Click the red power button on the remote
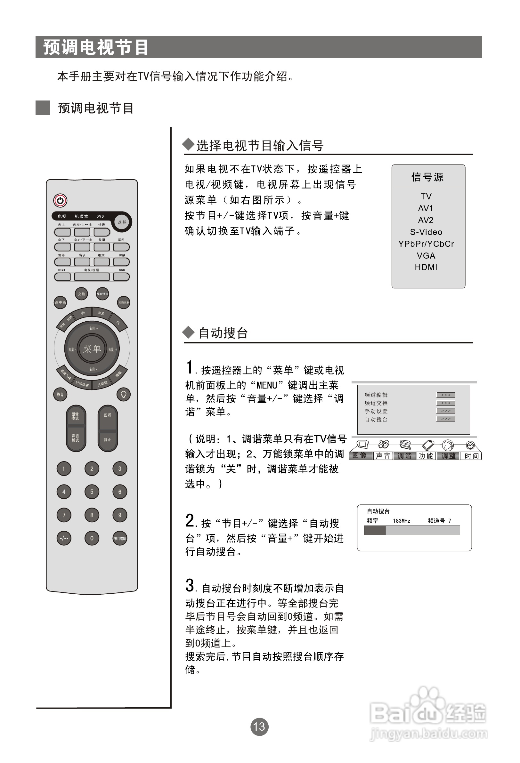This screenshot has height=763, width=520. point(60,200)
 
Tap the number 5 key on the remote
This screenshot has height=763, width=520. point(92,492)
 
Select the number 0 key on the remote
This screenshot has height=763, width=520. point(92,538)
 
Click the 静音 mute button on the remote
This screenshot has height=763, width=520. point(60,394)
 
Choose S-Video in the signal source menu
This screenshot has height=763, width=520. point(426,232)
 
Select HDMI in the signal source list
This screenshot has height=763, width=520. point(426,267)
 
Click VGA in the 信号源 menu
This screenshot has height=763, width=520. point(426,255)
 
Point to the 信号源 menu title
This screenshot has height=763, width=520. point(427,177)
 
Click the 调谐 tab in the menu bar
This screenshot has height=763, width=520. point(404,456)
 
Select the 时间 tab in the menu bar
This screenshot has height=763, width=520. point(471,456)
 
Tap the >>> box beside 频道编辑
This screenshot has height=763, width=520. point(446,395)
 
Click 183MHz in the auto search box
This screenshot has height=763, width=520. point(402,521)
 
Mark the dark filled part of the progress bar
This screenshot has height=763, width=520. point(375,530)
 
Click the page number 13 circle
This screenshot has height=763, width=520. point(259,727)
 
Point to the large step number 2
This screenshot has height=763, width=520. point(190,521)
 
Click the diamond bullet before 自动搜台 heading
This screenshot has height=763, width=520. point(189,332)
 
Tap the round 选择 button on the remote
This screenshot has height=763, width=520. point(122,222)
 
